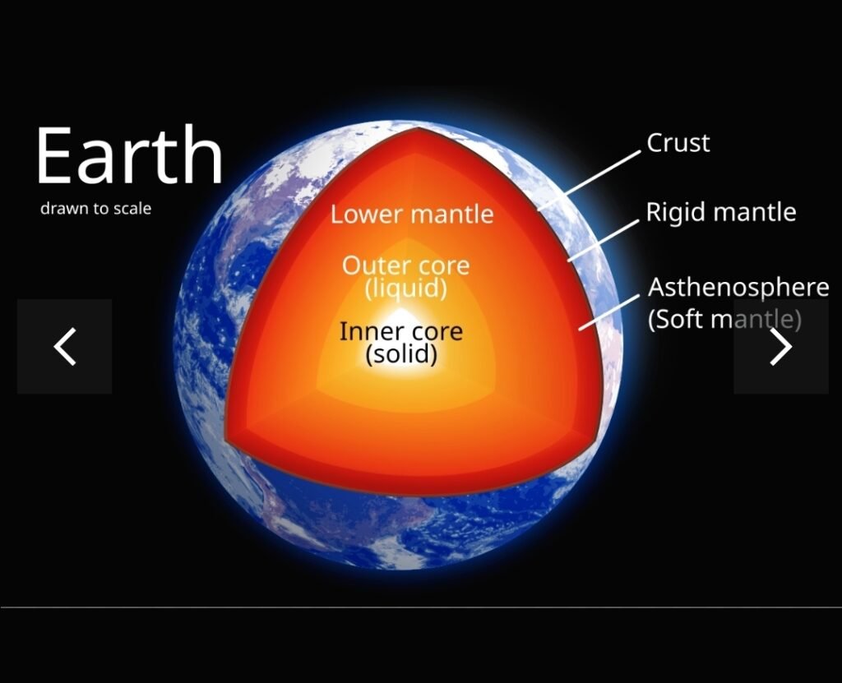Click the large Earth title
[129, 155]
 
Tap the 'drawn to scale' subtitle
[95, 208]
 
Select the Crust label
[678, 143]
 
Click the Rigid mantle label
[720, 212]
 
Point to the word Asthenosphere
[738, 288]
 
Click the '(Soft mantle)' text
[724, 319]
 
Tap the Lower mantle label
[412, 215]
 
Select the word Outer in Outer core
[371, 265]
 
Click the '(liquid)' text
[406, 288]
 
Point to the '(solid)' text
[401, 354]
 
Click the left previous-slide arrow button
[64, 346]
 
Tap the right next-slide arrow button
[781, 346]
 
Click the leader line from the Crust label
[589, 180]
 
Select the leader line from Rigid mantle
[604, 241]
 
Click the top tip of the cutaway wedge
[419, 127]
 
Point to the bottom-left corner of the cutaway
[226, 442]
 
